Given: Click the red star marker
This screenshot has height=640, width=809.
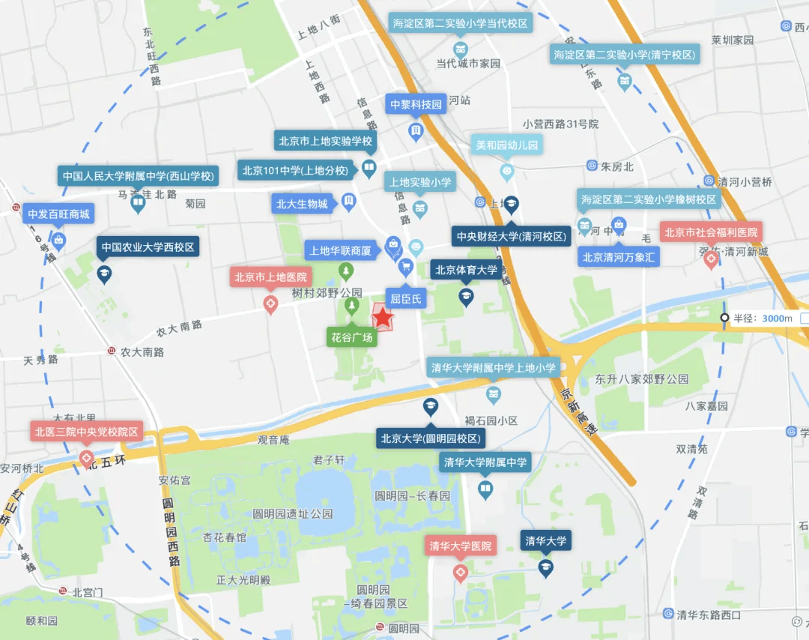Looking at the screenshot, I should pos(384,318).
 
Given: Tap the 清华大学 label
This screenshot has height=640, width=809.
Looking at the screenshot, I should pos(545,540).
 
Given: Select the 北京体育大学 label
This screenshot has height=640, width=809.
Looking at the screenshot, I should pos(466,271).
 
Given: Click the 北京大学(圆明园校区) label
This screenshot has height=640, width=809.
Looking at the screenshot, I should pos(431,438).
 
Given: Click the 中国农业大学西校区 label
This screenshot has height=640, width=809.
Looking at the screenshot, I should pos(148,247).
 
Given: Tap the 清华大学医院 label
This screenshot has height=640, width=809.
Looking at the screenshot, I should pos(461,546).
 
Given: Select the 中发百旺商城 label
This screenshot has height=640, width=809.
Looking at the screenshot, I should pos(58,214).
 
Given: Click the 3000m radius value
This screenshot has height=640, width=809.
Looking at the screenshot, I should pos(777,319).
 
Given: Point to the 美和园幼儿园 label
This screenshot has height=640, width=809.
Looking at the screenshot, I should pos(507,145).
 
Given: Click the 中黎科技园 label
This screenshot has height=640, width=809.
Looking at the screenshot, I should pos(416,105).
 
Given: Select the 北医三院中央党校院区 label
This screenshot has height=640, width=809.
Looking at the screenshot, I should pos(86,432).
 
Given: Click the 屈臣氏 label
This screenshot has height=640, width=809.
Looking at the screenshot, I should pos(405,299).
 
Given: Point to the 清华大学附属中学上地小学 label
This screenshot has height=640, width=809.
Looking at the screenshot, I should pos(493,367).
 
